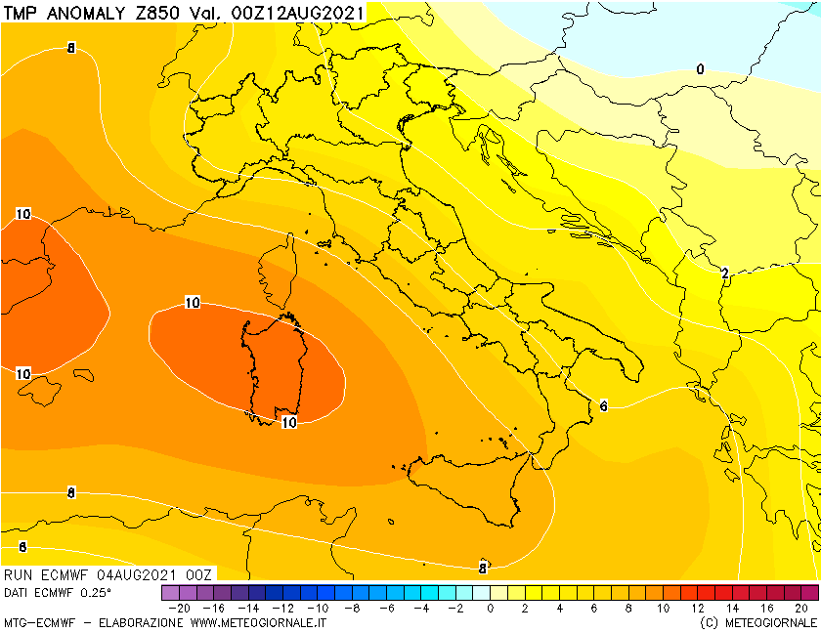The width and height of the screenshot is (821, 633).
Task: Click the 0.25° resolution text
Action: click(95, 592)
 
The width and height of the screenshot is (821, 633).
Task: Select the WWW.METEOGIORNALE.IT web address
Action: click(259, 622)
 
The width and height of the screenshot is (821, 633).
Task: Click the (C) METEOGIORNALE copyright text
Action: click(757, 622)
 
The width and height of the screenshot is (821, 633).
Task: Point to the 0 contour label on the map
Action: click(700, 69)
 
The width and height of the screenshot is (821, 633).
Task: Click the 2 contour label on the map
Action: click(724, 274)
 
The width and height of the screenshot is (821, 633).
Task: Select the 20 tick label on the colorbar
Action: click(801, 608)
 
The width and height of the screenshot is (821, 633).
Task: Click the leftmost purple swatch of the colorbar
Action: click(170, 592)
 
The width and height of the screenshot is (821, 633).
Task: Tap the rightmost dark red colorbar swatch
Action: click(809, 592)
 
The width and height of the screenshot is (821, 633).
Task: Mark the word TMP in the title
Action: click(22, 13)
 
